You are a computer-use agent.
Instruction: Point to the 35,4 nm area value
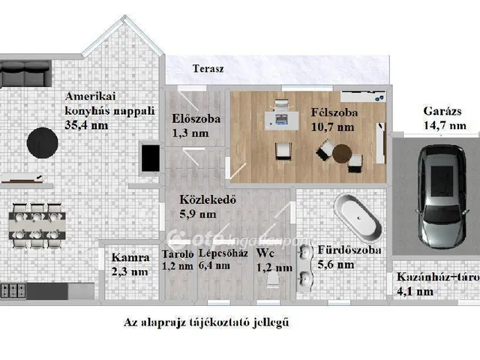[86, 124]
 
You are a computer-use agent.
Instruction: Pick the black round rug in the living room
[43, 140]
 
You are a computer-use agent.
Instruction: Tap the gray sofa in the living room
[25, 76]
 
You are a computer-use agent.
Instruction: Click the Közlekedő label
[208, 200]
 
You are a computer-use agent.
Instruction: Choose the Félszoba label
[333, 112]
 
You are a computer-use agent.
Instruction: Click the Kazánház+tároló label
[436, 277]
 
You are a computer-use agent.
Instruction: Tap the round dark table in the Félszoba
[342, 152]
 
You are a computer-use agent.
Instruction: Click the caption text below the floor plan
[205, 323]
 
